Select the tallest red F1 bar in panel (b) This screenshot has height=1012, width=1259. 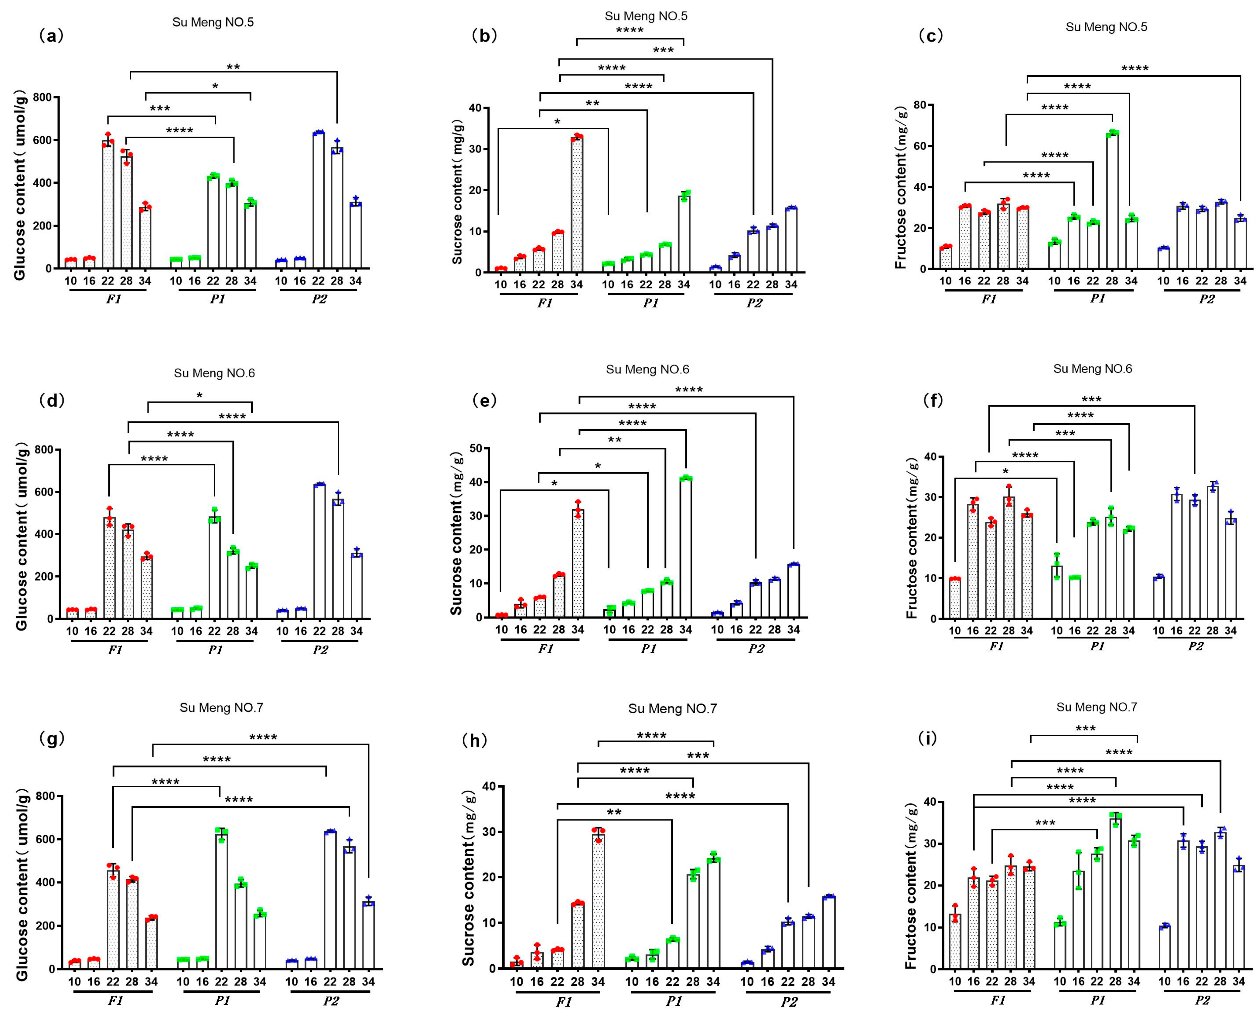point(577,204)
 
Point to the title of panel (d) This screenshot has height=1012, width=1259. point(214,373)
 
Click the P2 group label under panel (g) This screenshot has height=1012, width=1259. point(330,1001)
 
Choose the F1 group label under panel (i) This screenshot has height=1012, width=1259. point(997,1000)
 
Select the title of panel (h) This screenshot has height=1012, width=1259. point(672,709)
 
